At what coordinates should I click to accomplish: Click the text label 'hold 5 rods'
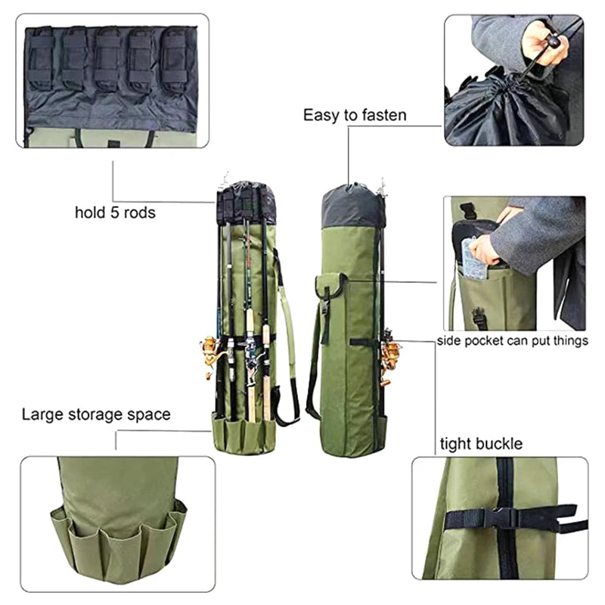(x=115, y=213)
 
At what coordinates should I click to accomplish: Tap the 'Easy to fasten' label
(x=355, y=115)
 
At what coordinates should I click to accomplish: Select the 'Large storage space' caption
(x=96, y=414)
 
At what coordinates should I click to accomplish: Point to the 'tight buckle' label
(x=481, y=444)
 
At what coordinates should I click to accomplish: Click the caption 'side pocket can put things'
(x=513, y=341)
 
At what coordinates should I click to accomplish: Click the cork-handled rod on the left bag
(x=250, y=378)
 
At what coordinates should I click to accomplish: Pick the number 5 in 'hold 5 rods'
(x=111, y=213)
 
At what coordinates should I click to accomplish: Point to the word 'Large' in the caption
(x=42, y=414)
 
